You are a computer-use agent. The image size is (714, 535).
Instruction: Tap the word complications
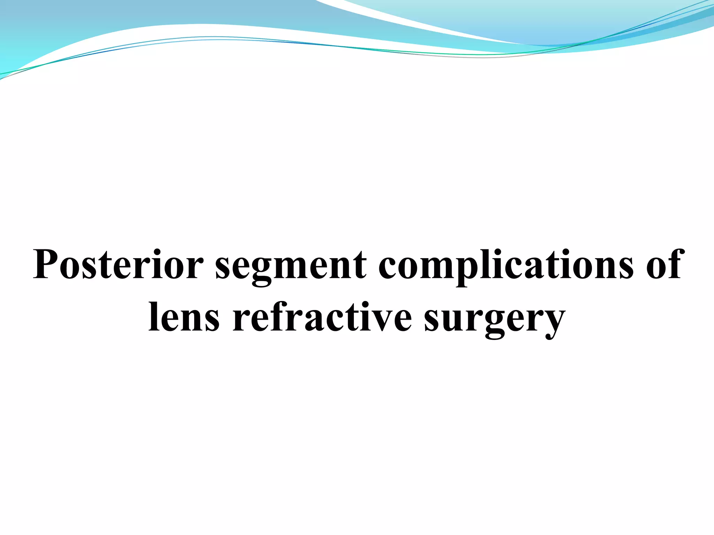(x=506, y=267)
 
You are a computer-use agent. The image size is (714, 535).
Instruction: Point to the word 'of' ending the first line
(x=666, y=265)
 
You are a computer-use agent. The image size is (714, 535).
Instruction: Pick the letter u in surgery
(x=450, y=320)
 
